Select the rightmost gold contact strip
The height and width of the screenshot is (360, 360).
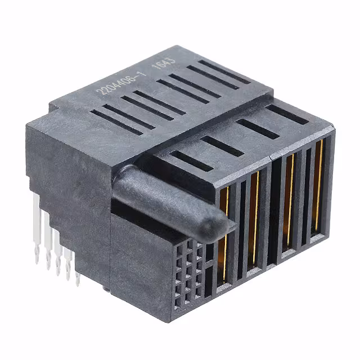tap(318, 186)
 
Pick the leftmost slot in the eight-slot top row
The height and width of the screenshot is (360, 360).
tap(115, 121)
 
